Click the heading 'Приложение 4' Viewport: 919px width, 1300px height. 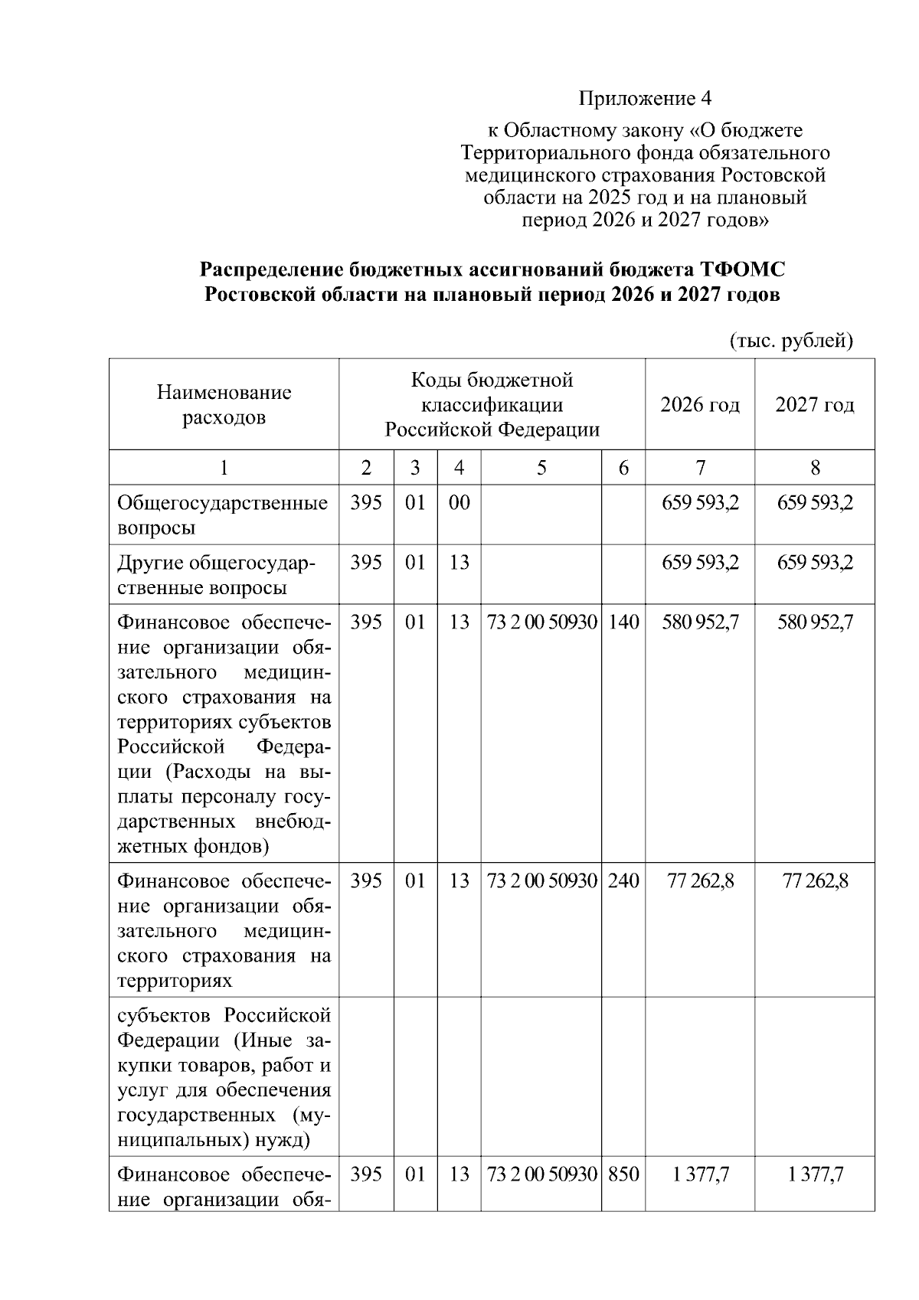click(645, 99)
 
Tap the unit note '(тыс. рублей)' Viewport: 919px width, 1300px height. click(791, 340)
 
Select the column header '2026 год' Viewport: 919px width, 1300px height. click(699, 404)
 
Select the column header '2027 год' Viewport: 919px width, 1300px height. click(814, 404)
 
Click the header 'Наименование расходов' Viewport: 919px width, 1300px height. click(224, 404)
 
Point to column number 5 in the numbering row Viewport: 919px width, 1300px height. click(541, 467)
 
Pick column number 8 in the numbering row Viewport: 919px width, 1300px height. click(814, 467)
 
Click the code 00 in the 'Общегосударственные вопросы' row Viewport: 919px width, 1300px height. click(459, 503)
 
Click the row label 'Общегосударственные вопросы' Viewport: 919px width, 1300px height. click(222, 514)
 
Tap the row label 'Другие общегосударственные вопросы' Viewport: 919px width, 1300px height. click(216, 575)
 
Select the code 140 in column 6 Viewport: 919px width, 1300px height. click(623, 622)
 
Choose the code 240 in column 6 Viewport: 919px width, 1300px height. click(623, 880)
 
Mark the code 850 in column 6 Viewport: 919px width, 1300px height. click(623, 1174)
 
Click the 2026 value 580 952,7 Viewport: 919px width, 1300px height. click(700, 622)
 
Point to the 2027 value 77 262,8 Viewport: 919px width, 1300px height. click(815, 880)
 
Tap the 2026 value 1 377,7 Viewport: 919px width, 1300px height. click(700, 1174)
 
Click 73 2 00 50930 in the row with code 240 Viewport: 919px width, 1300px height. click(541, 880)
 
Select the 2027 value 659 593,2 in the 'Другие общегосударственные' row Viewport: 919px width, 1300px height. click(815, 563)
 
